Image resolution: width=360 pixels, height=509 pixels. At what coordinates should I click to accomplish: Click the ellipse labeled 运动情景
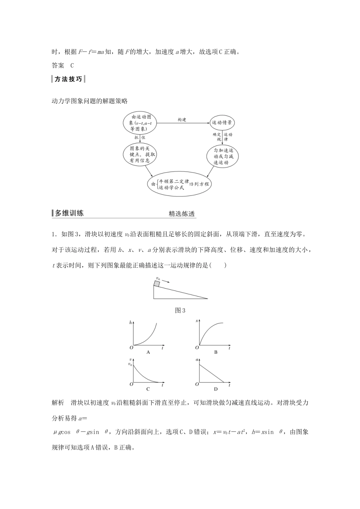pyautogui.click(x=223, y=122)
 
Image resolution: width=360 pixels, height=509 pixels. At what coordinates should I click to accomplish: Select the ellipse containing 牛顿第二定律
pyautogui.click(x=179, y=184)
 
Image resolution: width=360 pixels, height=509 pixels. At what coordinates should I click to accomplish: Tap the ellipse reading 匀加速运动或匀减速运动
pyautogui.click(x=223, y=156)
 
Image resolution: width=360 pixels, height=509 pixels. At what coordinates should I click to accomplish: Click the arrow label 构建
pyautogui.click(x=182, y=120)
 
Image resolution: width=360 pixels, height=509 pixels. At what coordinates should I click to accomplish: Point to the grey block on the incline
pyautogui.click(x=157, y=284)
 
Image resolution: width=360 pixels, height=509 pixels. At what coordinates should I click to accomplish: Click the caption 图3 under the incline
pyautogui.click(x=180, y=311)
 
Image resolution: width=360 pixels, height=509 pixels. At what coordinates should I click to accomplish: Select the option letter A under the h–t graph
pyautogui.click(x=148, y=352)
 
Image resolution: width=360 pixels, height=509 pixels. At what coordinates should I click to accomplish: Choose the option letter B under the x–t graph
pyautogui.click(x=216, y=352)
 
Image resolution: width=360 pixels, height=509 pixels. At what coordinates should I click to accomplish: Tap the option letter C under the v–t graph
pyautogui.click(x=148, y=389)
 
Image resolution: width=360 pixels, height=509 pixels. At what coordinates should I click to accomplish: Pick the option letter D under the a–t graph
pyautogui.click(x=216, y=389)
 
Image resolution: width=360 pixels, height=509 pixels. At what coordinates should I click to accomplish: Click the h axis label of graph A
pyautogui.click(x=130, y=322)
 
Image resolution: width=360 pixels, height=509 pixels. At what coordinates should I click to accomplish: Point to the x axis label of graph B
pyautogui.click(x=197, y=322)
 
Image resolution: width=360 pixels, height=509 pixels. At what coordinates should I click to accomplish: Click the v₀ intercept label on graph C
pyautogui.click(x=130, y=364)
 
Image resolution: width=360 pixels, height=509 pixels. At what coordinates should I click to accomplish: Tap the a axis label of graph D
pyautogui.click(x=197, y=359)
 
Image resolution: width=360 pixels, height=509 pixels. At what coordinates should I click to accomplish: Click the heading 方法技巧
pyautogui.click(x=68, y=79)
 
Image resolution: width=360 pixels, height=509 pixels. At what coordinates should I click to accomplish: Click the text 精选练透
pyautogui.click(x=182, y=214)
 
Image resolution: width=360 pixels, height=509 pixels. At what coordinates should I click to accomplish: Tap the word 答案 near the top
pyautogui.click(x=58, y=66)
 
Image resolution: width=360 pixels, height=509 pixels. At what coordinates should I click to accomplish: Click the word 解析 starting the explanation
pyautogui.click(x=58, y=403)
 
